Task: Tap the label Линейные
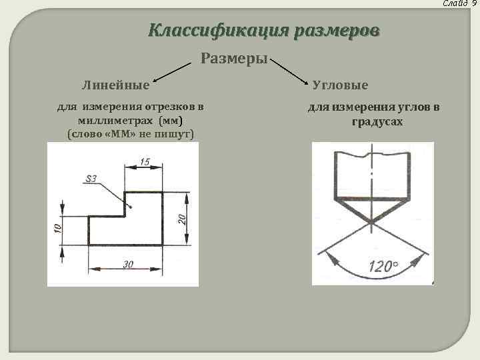coord(115,85)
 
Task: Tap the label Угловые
coord(341,85)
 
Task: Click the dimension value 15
coord(145,161)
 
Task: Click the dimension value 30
coord(127,264)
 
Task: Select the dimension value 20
coord(183,219)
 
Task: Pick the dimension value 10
coord(58,229)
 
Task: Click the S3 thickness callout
coord(91,178)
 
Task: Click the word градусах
coord(377,123)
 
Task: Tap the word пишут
coord(174,134)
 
